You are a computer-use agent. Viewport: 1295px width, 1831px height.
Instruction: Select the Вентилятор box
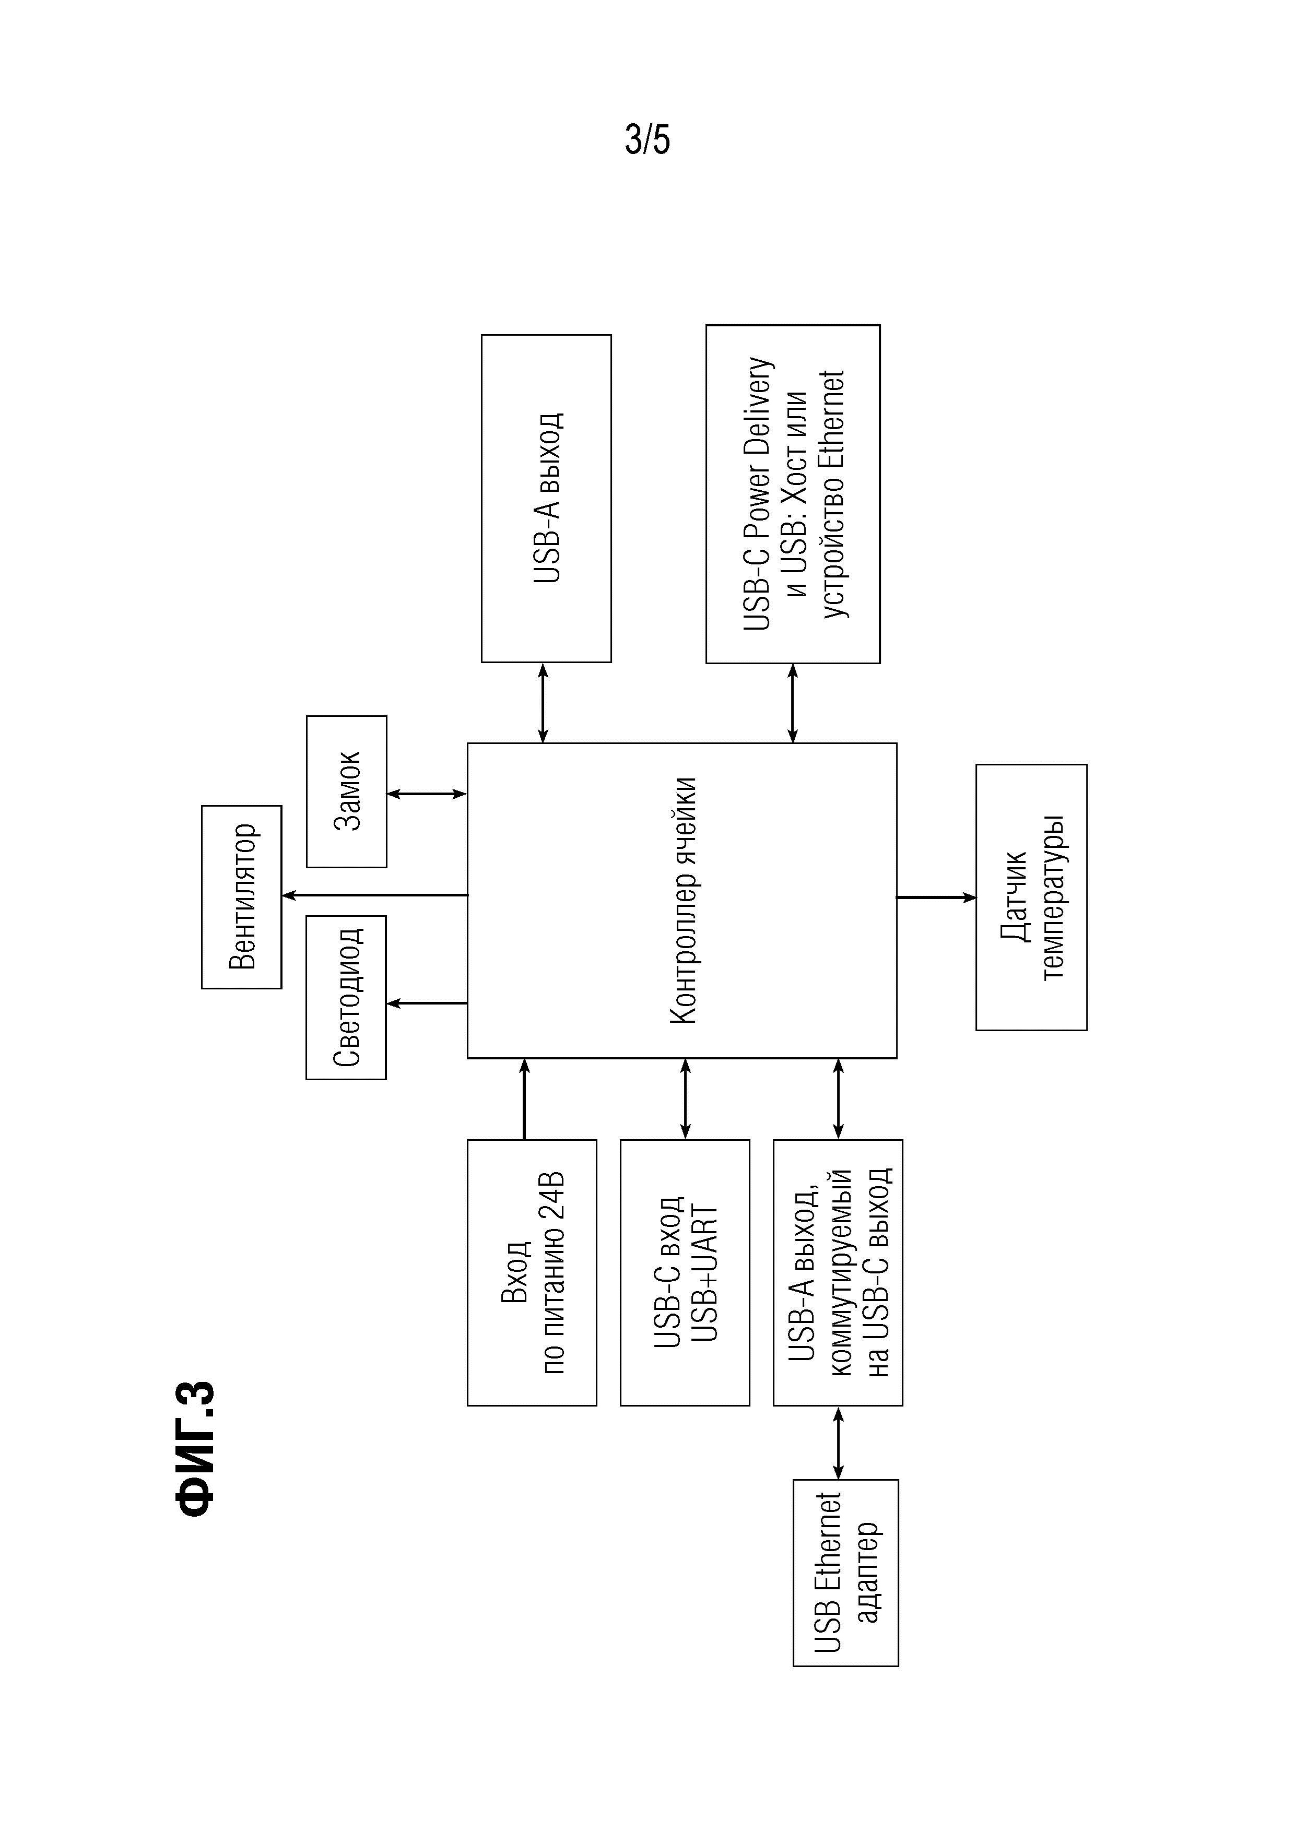242,897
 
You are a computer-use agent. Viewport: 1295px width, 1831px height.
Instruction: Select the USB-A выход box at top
546,499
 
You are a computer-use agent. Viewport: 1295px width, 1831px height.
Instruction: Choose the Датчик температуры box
1031,897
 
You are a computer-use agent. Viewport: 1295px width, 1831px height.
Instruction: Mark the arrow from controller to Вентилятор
375,895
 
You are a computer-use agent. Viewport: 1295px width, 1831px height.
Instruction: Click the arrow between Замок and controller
427,794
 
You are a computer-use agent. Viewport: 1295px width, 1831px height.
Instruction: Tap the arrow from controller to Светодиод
427,1003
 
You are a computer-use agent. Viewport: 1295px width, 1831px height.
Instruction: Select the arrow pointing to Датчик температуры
936,898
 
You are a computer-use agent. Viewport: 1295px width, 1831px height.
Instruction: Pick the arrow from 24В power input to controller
524,1099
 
